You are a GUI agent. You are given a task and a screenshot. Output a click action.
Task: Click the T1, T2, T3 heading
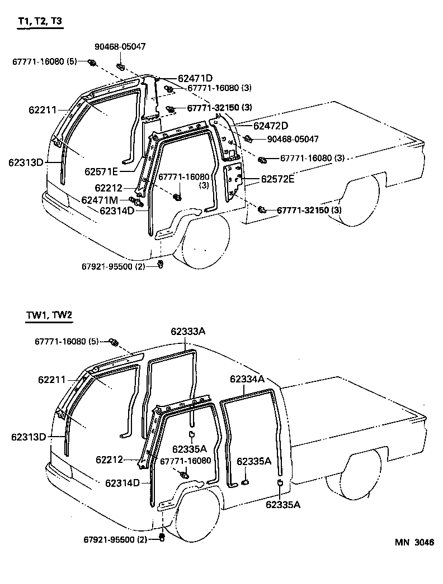point(40,22)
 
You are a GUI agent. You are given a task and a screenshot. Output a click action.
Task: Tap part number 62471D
point(195,78)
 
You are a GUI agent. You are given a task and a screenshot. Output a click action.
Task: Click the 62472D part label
point(271,126)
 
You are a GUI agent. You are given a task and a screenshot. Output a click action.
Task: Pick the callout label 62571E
point(102,171)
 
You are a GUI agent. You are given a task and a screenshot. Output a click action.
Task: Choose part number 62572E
point(277,180)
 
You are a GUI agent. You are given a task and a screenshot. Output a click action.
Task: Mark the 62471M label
point(100,200)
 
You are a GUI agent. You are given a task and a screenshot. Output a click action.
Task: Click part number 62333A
point(188,331)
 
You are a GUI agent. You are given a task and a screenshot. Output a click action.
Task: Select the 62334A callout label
point(247,379)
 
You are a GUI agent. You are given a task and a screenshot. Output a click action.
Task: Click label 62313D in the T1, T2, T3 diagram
point(26,162)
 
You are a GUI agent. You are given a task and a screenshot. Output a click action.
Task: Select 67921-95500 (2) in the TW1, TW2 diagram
point(115,539)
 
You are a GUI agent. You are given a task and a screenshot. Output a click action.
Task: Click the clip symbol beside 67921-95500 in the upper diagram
point(161,264)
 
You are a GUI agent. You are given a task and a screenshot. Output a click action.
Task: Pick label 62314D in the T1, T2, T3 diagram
point(117,210)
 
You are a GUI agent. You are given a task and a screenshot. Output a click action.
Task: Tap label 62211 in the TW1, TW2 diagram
point(52,380)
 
